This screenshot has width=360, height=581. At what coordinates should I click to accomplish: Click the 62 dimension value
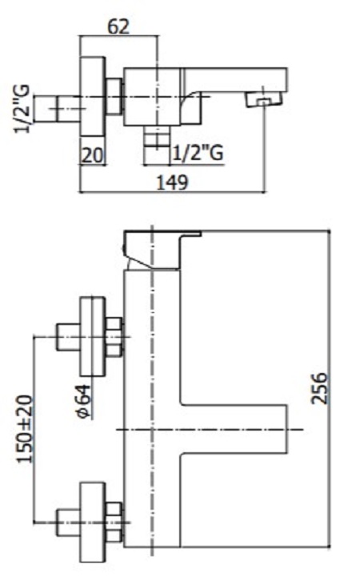coord(119,26)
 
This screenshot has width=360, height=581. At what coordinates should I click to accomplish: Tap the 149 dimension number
coord(173,182)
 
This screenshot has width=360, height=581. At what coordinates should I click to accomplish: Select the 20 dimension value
coord(91,155)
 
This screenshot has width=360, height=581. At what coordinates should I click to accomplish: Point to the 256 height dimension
coord(319,388)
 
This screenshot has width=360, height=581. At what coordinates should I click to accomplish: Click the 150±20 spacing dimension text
coord(25,429)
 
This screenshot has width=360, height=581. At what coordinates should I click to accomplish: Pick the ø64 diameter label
coord(83,401)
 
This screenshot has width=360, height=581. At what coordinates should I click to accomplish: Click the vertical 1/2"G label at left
coord(21,109)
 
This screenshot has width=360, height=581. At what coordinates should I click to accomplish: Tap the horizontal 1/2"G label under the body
coord(198,153)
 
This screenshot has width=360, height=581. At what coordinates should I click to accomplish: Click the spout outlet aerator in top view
coord(264,100)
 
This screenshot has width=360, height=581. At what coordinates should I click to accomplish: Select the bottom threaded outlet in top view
coord(156,138)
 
